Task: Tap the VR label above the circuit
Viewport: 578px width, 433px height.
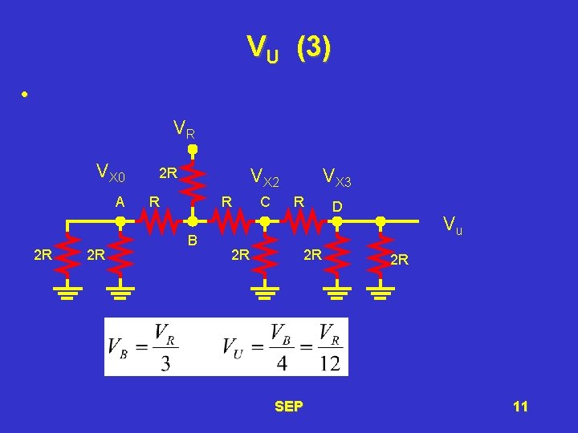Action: pyautogui.click(x=185, y=128)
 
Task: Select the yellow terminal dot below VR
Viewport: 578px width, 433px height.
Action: pyautogui.click(x=193, y=149)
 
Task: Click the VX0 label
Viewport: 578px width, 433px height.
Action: pyautogui.click(x=110, y=172)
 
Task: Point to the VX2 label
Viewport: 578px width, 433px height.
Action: pyautogui.click(x=265, y=176)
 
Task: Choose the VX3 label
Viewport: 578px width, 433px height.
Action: pyautogui.click(x=336, y=176)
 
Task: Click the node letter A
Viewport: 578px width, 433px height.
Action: pyautogui.click(x=120, y=202)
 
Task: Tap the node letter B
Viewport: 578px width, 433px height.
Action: pyautogui.click(x=192, y=240)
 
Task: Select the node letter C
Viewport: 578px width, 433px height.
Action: pyautogui.click(x=265, y=201)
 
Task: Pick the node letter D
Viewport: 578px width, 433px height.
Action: pyautogui.click(x=337, y=207)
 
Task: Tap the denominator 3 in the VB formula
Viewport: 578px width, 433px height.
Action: pyautogui.click(x=165, y=362)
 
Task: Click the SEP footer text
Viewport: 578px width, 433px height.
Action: pyautogui.click(x=289, y=407)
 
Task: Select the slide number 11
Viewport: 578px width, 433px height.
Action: pyautogui.click(x=520, y=407)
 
